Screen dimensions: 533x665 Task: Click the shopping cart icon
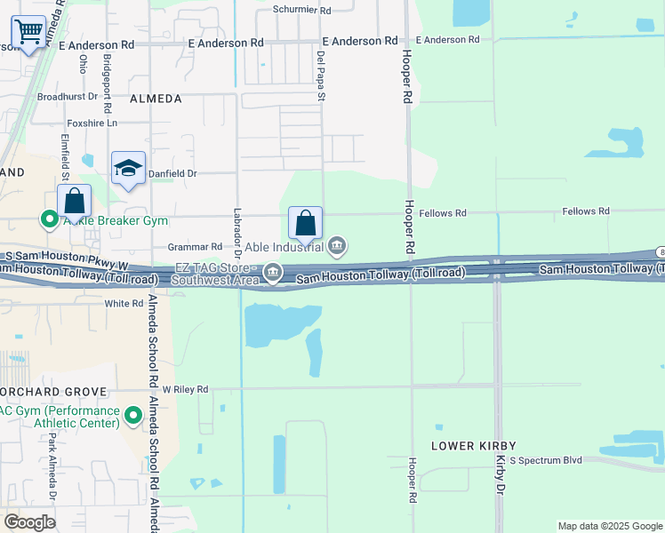coord(28,34)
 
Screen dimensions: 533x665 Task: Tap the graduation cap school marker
coord(128,169)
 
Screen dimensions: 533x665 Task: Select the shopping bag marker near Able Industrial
coord(305,223)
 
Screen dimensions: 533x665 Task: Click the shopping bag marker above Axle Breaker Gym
coord(75,202)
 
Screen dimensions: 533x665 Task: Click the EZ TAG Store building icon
coord(273,272)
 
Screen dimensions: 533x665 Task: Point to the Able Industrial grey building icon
coord(338,245)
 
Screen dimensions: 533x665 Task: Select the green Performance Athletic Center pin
coord(133,415)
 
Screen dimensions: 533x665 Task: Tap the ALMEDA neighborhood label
coord(156,99)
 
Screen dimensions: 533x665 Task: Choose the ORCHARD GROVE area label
coord(54,391)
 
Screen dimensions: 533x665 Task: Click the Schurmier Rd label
coord(301,11)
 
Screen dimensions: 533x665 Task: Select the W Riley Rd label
coord(185,389)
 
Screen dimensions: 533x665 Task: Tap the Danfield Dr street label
coord(172,174)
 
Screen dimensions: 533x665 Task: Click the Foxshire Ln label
coord(92,123)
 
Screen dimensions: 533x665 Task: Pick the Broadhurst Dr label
coord(67,97)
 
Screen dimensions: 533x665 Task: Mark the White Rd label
coord(124,303)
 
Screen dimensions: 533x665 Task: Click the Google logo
coord(29,522)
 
